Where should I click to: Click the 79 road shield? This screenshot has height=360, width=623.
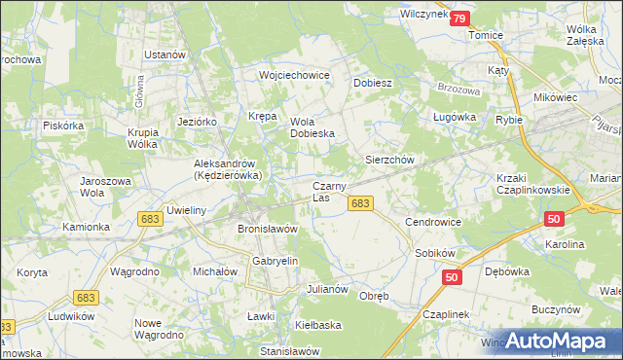[x=459, y=18]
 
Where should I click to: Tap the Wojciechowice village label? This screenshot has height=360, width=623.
[x=294, y=75]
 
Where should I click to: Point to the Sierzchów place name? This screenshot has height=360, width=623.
[x=390, y=159]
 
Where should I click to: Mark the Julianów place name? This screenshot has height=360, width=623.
[x=327, y=289]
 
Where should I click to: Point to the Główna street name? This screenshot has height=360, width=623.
[x=140, y=94]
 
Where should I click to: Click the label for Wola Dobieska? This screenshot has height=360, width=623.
[x=313, y=127]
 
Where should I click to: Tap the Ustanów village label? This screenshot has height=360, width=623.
[x=165, y=54]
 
